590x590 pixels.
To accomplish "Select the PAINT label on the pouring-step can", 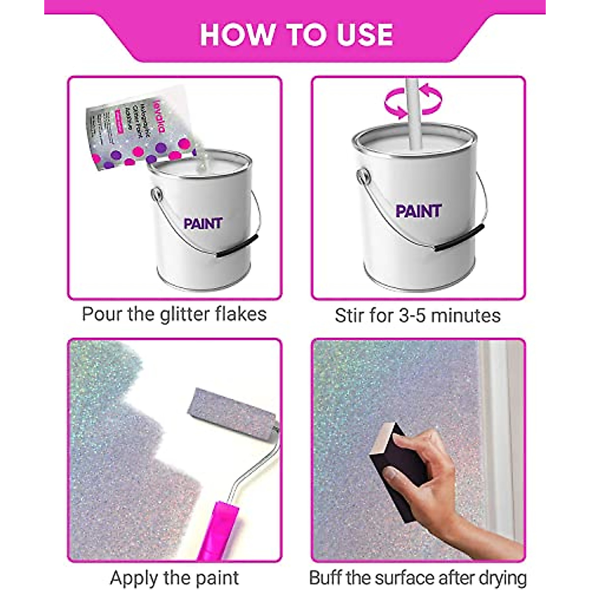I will (x=203, y=224).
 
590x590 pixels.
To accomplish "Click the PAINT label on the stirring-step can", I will (x=418, y=211).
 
